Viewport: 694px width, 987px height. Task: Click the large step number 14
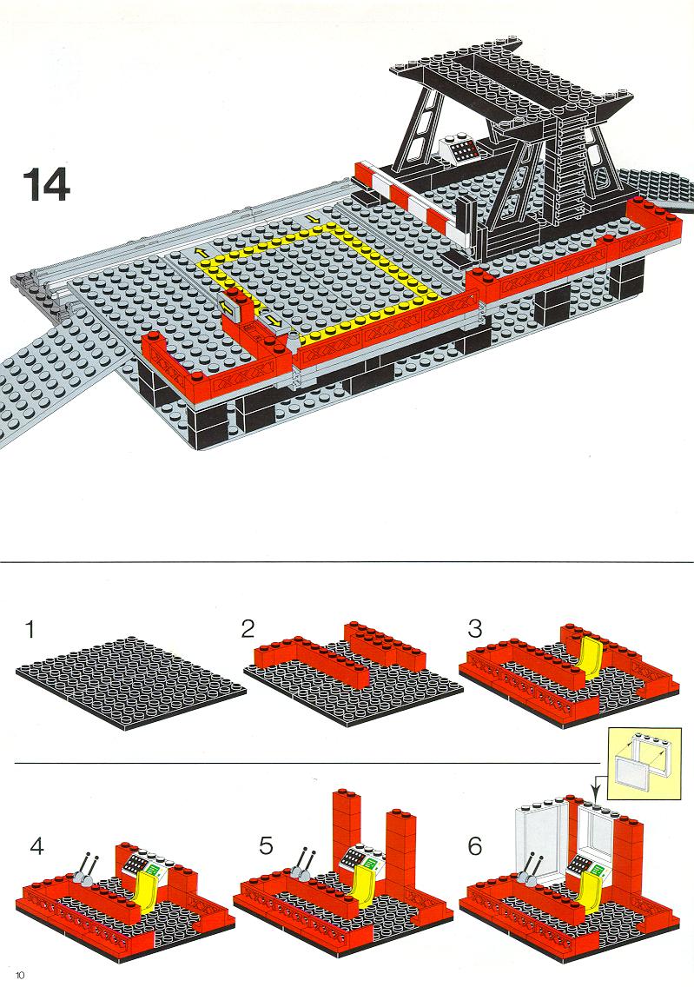pyautogui.click(x=47, y=184)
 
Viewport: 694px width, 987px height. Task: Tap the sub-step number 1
pyautogui.click(x=30, y=629)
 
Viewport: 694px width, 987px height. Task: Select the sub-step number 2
pyautogui.click(x=248, y=628)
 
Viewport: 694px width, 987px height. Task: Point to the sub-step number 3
pyautogui.click(x=474, y=628)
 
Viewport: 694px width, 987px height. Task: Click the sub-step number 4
pyautogui.click(x=37, y=846)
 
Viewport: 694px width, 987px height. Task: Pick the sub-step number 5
pyautogui.click(x=266, y=845)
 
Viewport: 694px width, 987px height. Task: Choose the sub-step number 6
pyautogui.click(x=475, y=845)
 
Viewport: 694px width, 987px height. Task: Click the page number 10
pyautogui.click(x=20, y=975)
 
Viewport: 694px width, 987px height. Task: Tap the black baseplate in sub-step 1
pyautogui.click(x=131, y=682)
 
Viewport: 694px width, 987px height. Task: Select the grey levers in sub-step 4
pyautogui.click(x=87, y=868)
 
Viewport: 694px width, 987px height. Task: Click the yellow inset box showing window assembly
pyautogui.click(x=644, y=764)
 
